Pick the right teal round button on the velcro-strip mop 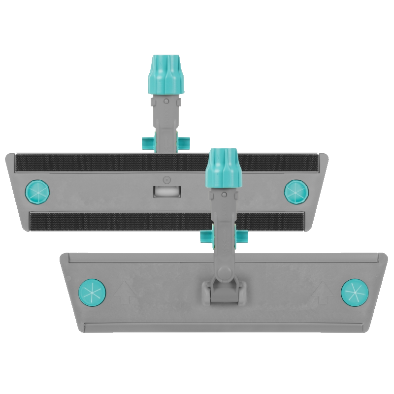click(295, 189)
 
